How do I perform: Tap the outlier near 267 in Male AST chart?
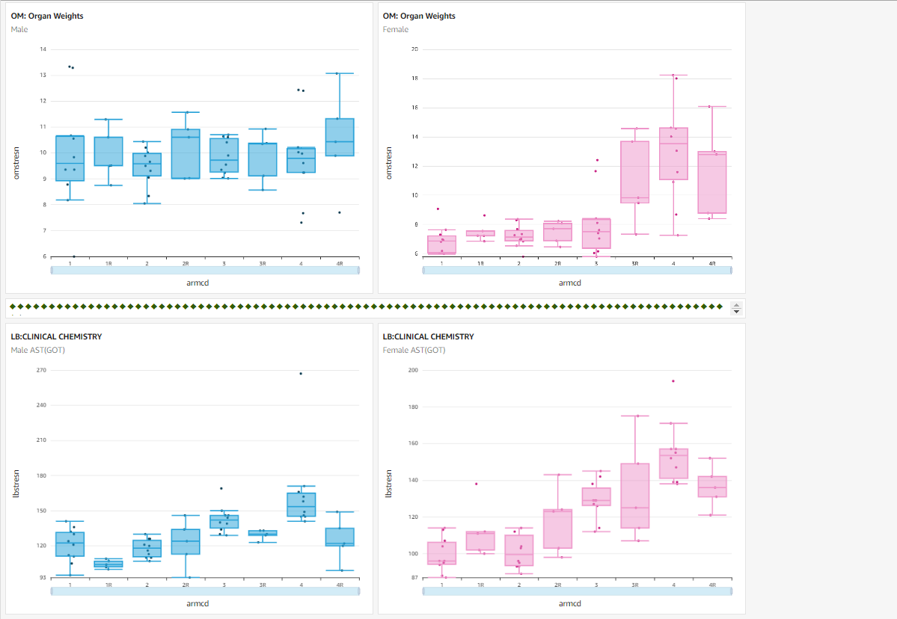[301, 373]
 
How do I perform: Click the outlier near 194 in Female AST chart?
[673, 381]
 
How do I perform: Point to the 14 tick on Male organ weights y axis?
[43, 49]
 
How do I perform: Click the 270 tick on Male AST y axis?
[42, 370]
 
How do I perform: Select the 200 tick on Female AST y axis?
[414, 370]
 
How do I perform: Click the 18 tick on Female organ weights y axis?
[414, 78]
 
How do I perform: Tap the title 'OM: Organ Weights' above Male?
[47, 16]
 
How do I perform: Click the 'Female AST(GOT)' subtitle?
[414, 350]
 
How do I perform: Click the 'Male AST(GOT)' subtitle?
[40, 350]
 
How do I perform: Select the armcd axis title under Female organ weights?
[569, 283]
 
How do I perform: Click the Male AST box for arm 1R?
[108, 564]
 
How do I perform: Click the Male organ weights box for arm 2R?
[186, 153]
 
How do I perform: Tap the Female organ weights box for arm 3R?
[635, 172]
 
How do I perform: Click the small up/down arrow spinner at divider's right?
[735, 309]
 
